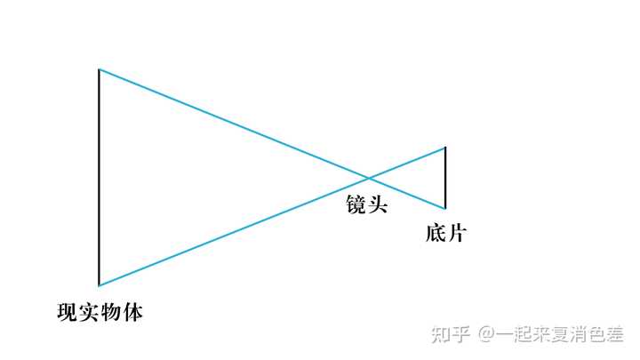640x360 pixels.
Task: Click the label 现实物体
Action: tap(100, 313)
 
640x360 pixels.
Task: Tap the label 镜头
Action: tap(367, 205)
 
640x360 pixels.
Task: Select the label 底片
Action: tap(445, 235)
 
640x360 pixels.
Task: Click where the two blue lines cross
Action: tap(367, 177)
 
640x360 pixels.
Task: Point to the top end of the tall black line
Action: tap(99, 69)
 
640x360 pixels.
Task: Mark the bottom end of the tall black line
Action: tap(99, 285)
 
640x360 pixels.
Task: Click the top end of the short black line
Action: tap(445, 148)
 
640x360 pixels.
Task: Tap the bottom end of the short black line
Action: tap(445, 208)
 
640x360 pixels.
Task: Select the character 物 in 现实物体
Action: tap(110, 313)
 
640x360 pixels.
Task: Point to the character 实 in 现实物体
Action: tap(89, 313)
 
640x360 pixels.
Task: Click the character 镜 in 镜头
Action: tap(356, 205)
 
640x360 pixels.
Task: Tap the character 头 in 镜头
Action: tap(378, 205)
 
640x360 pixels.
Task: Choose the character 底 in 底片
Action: tap(435, 235)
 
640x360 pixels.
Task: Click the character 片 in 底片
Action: tap(456, 235)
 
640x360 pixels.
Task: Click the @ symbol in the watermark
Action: tap(486, 334)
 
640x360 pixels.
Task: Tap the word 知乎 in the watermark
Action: tap(451, 334)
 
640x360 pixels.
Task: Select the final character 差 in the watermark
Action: tap(614, 334)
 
